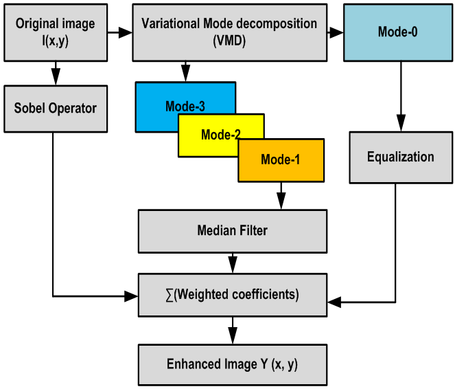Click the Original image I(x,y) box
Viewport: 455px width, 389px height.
[55, 31]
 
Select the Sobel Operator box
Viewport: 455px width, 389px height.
[55, 109]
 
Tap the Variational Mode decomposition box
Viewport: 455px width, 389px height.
[229, 31]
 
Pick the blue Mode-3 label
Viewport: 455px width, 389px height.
[185, 107]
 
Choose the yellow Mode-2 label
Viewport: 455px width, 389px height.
[220, 135]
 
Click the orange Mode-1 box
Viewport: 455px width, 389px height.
[280, 159]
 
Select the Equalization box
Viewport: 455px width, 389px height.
[400, 157]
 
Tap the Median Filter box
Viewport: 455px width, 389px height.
[231, 231]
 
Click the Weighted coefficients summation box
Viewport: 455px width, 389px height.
[231, 295]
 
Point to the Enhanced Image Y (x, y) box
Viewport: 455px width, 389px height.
[231, 364]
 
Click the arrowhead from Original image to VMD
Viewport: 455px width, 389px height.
[126, 32]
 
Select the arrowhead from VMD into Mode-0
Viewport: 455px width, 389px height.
[336, 32]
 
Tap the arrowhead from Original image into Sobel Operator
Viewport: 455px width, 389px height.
[55, 78]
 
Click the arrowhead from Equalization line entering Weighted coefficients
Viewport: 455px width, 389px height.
[334, 302]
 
